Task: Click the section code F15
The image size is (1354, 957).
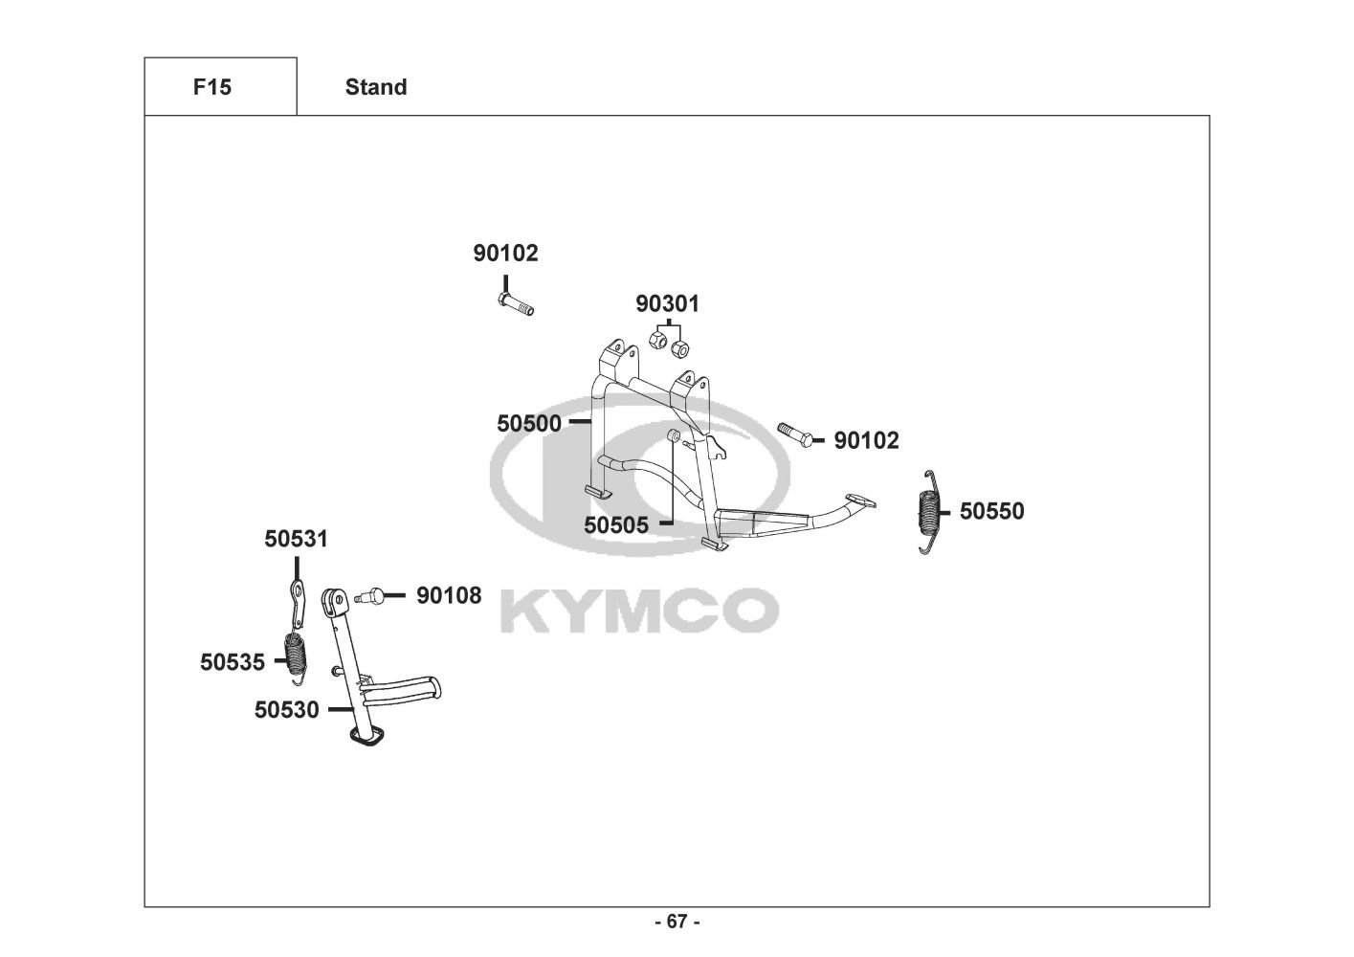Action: tap(211, 87)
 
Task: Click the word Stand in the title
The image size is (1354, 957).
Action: tap(375, 87)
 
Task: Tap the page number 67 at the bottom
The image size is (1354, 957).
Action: tap(677, 922)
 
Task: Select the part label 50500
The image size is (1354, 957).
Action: tap(528, 423)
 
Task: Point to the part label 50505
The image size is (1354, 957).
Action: tap(615, 524)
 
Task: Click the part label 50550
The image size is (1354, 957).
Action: tap(991, 511)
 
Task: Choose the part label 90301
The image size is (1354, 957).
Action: tap(667, 303)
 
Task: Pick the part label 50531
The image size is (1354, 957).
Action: tap(296, 539)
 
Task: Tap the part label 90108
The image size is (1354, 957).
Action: tap(449, 595)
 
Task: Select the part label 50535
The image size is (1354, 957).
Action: tap(232, 661)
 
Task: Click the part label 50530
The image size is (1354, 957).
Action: tap(286, 710)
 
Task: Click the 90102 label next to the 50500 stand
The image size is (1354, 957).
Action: tap(866, 440)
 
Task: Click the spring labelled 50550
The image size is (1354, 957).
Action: tap(927, 512)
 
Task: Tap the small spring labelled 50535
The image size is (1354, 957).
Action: tap(298, 656)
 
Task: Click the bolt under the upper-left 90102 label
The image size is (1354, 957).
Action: tap(515, 303)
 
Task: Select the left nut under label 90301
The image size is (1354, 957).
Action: tap(659, 339)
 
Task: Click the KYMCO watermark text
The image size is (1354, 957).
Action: tap(639, 611)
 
